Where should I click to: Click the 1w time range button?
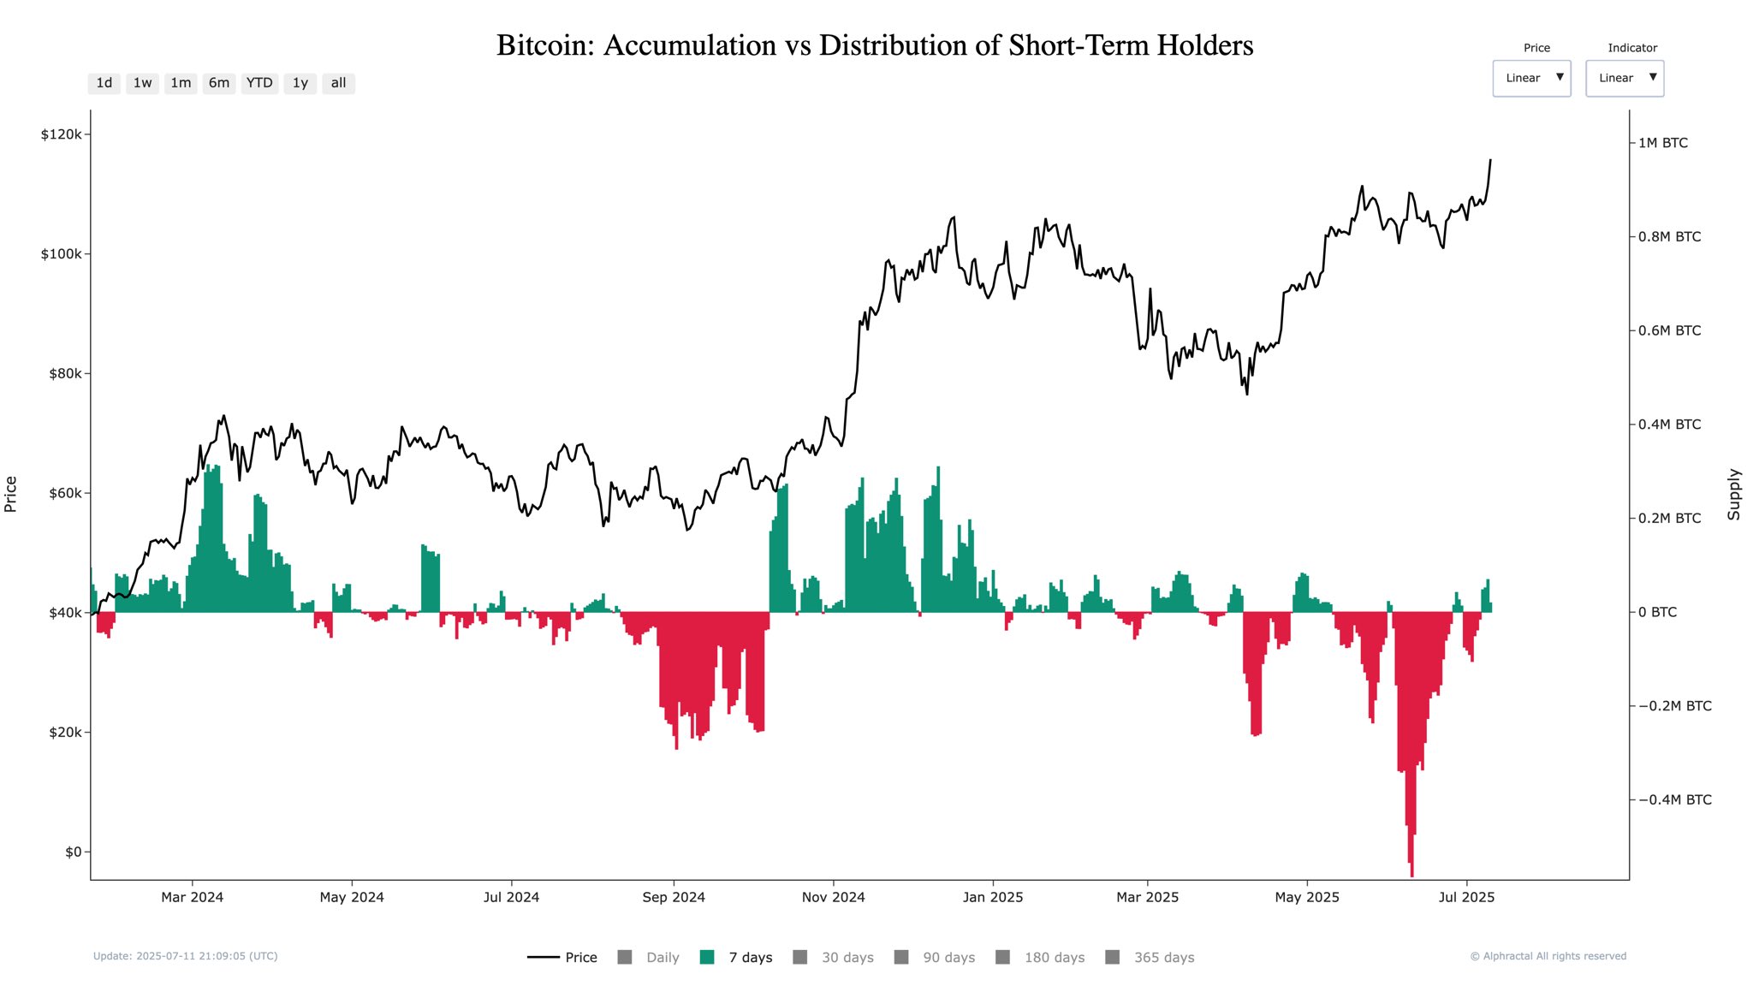coord(142,83)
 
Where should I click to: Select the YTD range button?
coord(259,83)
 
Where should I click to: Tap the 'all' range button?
coord(338,83)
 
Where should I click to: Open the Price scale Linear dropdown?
coord(1531,78)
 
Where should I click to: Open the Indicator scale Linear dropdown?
coord(1624,78)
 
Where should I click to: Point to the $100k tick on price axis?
coord(62,254)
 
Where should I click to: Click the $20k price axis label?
coord(65,733)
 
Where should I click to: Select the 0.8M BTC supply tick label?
coord(1669,237)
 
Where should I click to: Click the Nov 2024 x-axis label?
coord(833,897)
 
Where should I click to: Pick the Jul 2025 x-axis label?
coord(1466,897)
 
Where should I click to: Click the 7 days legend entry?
coord(750,957)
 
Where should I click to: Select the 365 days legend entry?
coord(1163,957)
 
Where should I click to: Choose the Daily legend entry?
coord(662,957)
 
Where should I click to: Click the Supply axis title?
coord(1733,494)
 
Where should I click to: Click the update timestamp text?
coord(185,956)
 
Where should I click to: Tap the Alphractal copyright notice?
coord(1548,956)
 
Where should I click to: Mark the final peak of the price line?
coord(1490,160)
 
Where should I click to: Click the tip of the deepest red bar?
coord(1411,876)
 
